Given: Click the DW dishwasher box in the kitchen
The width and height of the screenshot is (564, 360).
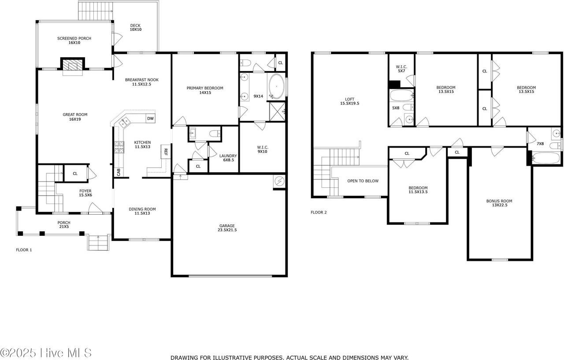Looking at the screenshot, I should [x=150, y=119].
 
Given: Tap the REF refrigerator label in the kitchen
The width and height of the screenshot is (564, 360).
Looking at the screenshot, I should [x=166, y=152].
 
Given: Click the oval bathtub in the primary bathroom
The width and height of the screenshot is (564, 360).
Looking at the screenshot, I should [x=276, y=86].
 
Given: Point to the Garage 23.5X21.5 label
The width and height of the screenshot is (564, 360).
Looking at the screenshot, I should [x=227, y=228].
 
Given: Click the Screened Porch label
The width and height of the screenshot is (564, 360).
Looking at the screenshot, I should [x=74, y=41].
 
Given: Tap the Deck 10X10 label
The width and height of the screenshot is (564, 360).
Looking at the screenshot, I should [x=135, y=27].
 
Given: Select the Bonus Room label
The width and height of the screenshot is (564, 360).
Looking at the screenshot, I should [x=499, y=203].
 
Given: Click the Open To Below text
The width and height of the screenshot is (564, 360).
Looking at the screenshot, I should [x=363, y=181].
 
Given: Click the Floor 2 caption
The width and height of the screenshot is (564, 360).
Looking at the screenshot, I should [x=319, y=212].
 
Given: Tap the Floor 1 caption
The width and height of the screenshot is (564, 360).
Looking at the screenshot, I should [x=24, y=250].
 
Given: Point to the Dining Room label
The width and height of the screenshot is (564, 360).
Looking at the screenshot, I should [x=142, y=211].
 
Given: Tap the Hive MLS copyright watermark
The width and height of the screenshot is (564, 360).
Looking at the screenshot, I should [x=46, y=353].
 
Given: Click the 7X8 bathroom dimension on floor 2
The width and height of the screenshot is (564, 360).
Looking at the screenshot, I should [x=540, y=144].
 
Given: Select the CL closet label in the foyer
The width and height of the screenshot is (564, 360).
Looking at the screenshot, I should [x=75, y=174].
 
